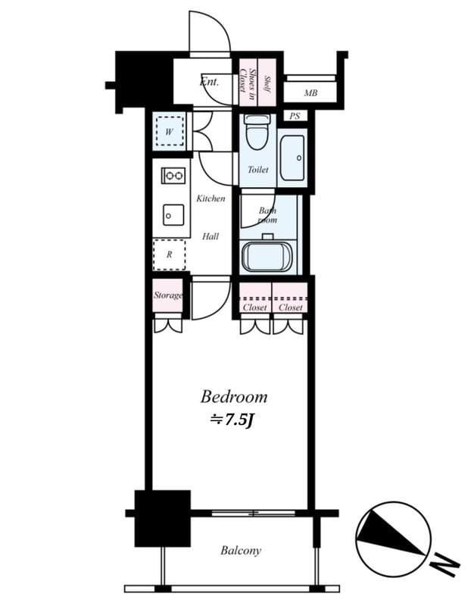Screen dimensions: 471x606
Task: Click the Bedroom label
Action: pos(234,397)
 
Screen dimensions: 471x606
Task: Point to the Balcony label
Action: pos(241,551)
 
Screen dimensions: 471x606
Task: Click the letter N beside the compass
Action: pos(444,564)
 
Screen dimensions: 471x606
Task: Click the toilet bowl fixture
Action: pos(257,132)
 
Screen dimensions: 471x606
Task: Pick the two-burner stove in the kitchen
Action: pos(173,176)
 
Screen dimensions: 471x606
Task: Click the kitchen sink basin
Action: pos(173,215)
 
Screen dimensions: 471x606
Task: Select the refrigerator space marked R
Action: pos(169,255)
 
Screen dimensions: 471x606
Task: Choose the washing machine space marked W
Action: pos(169,131)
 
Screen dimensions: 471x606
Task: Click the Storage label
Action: pos(168,295)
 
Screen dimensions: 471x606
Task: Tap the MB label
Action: pos(310,92)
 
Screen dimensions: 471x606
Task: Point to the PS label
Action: pos(295,116)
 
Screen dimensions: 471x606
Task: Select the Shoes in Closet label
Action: pos(248,80)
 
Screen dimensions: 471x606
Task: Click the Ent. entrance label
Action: pos(209,82)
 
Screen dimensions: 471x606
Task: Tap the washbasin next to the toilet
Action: pos(292,158)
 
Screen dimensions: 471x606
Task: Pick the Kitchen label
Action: pos(211,198)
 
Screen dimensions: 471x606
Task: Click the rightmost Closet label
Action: pos(291,308)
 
